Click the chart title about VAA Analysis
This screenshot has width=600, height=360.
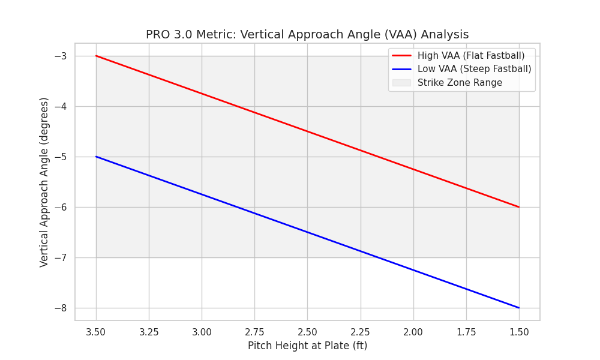(x=307, y=35)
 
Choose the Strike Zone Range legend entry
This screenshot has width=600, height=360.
(x=460, y=83)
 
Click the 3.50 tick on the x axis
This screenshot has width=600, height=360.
(x=96, y=332)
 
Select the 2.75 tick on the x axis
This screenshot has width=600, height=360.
(x=254, y=332)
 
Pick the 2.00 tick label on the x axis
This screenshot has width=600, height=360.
(x=413, y=332)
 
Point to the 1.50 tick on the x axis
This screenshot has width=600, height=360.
(x=519, y=332)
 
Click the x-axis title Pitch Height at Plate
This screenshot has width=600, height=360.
(x=307, y=346)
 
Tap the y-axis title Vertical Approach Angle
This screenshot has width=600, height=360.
(x=44, y=182)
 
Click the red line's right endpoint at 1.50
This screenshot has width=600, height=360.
(x=519, y=207)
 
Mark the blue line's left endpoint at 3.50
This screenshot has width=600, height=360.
(x=96, y=157)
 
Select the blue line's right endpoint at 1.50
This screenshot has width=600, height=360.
(x=519, y=308)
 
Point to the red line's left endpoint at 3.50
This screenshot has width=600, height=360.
(x=96, y=56)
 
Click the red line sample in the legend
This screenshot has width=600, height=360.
(x=401, y=56)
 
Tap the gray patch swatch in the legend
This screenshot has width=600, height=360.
(x=401, y=83)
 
